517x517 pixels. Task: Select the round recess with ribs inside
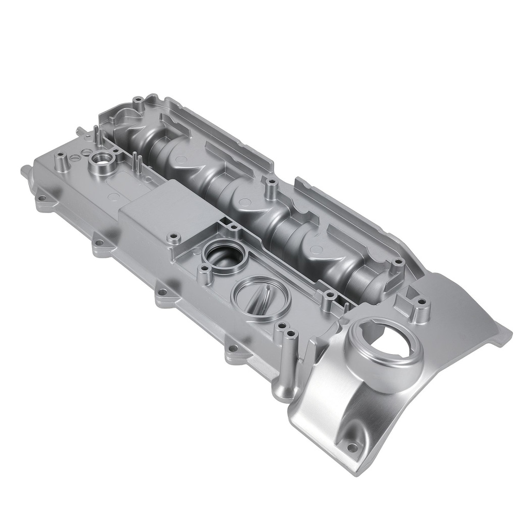pos(258,299)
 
